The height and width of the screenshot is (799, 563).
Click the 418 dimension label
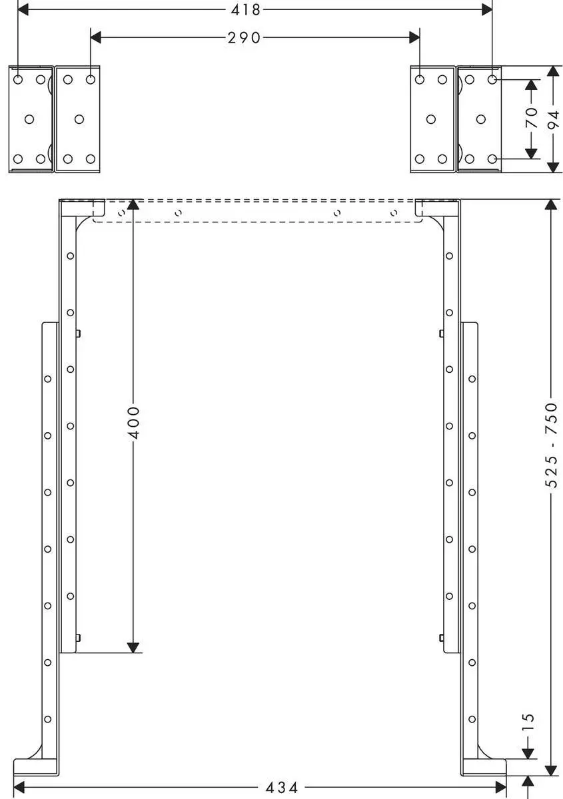coord(245,10)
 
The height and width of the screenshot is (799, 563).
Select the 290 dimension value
coord(245,37)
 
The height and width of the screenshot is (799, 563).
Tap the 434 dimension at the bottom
coord(281,788)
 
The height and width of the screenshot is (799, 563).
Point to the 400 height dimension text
coord(133,422)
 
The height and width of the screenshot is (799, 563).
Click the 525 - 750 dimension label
coord(551,445)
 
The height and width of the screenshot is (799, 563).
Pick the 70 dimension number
coord(531,117)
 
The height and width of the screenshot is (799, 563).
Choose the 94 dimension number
coord(552,121)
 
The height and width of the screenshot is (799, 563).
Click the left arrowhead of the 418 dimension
coord(23,10)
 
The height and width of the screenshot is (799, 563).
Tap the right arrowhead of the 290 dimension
coord(414,37)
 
